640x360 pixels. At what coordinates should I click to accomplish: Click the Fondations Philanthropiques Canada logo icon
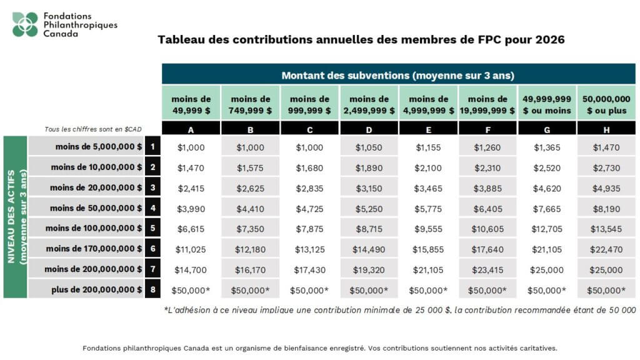coord(25,24)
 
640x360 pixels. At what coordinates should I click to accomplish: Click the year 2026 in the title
coord(551,40)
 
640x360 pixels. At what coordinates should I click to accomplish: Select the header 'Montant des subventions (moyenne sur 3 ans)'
coord(397,75)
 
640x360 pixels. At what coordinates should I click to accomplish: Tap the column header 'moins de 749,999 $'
coord(251,104)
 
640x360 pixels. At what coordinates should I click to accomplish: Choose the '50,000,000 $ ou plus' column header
coord(606,104)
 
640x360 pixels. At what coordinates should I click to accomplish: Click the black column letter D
coord(369,129)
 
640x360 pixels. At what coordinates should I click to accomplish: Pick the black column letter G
coord(547,129)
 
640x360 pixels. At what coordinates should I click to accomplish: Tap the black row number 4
coord(151,208)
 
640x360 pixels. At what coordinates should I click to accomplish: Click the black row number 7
coord(151,269)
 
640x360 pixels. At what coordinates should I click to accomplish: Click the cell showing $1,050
coord(369,147)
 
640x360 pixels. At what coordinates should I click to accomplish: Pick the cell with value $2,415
coord(191,187)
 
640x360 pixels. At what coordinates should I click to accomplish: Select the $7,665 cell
coord(547,208)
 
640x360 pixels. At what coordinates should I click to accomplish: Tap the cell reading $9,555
coord(428,229)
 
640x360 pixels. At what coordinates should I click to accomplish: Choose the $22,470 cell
coord(606,249)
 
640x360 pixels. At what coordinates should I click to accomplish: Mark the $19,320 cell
coord(369,269)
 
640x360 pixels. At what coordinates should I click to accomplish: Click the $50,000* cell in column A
coord(191,290)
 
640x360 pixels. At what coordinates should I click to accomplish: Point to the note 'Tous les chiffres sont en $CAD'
coord(93,129)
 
